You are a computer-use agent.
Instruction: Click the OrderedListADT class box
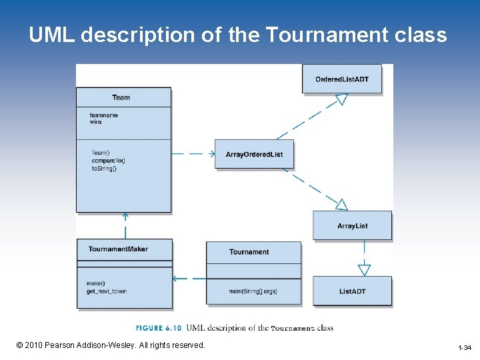(x=342, y=79)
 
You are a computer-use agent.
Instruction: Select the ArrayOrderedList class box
(x=254, y=154)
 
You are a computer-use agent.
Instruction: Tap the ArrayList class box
(x=352, y=226)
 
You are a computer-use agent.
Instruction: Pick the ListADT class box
(x=352, y=291)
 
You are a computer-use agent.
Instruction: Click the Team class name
(x=121, y=97)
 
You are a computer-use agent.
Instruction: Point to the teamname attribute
(x=104, y=115)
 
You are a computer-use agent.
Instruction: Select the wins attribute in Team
(x=96, y=122)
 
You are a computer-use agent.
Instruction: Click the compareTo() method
(x=108, y=161)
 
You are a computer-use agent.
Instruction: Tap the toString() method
(x=104, y=168)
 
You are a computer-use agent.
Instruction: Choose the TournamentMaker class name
(x=118, y=249)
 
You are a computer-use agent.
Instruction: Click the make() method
(x=96, y=283)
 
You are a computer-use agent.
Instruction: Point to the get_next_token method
(x=107, y=291)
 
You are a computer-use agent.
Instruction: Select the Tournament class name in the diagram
(x=249, y=252)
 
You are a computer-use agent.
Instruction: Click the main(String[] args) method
(x=253, y=291)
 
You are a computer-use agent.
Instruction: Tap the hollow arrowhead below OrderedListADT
(x=341, y=99)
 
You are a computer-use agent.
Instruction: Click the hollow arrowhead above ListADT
(x=364, y=270)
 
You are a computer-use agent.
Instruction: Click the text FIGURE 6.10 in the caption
(x=159, y=328)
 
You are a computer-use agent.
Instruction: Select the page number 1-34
(x=465, y=348)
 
